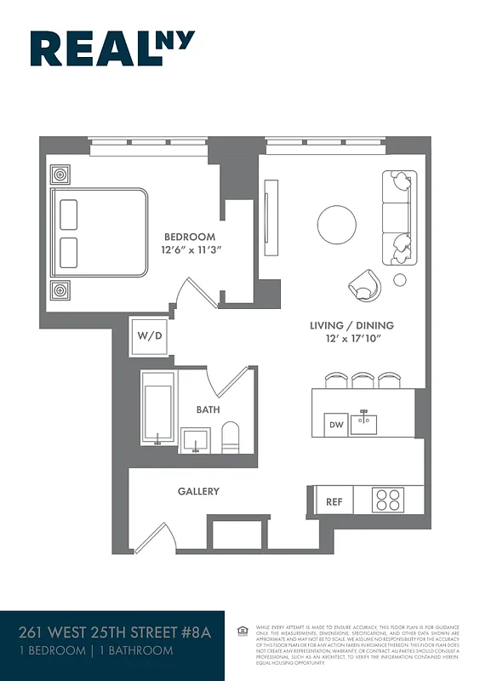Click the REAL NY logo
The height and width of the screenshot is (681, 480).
point(112,49)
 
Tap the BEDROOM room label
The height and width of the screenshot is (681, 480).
point(190,237)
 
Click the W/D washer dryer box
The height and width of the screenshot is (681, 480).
point(150,335)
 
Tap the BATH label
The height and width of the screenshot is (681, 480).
point(208,409)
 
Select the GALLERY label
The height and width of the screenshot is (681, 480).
point(198,491)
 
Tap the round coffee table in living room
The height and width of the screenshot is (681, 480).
point(337,225)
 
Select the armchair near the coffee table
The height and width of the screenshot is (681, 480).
point(365,285)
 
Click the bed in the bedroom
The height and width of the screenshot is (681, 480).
point(99,231)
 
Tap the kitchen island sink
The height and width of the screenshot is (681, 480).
point(367,421)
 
